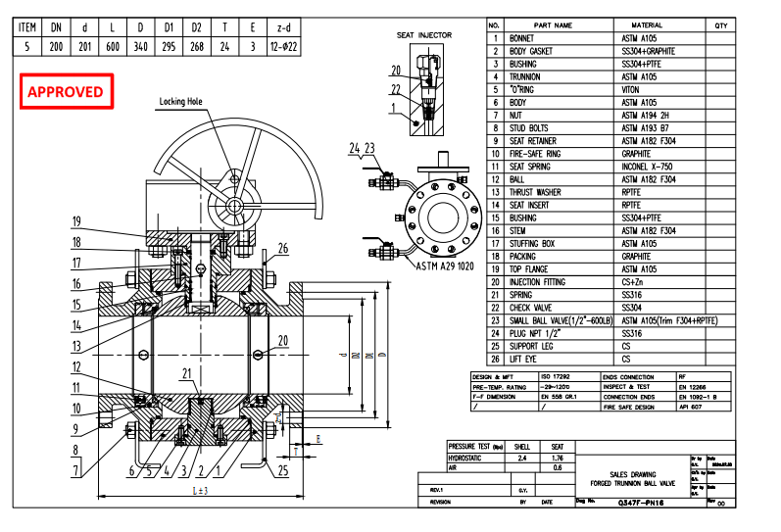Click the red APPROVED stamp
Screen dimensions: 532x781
[65, 92]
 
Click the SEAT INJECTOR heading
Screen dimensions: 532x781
[424, 35]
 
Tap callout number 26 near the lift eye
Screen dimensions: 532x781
[283, 247]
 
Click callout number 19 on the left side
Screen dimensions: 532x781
[75, 220]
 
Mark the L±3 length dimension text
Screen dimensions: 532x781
[199, 489]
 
